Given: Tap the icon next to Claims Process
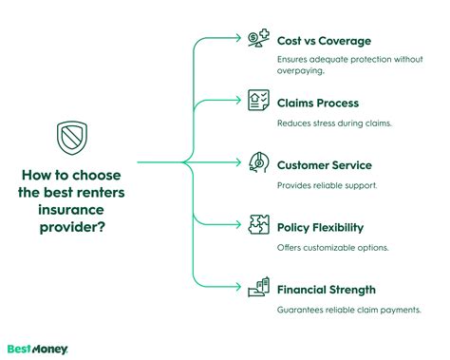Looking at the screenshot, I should click(258, 102).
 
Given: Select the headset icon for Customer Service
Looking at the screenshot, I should click(258, 162).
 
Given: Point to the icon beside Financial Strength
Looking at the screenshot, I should click(258, 288).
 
